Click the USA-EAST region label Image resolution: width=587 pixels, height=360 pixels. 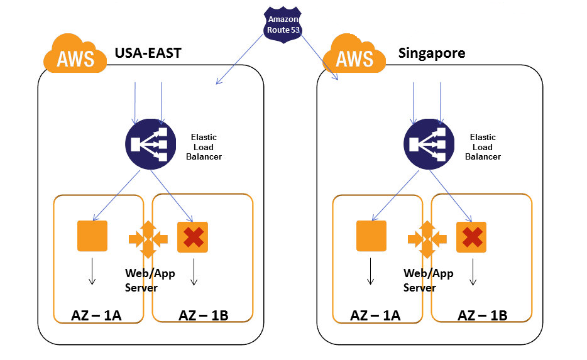click(148, 53)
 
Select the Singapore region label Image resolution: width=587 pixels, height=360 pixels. click(432, 53)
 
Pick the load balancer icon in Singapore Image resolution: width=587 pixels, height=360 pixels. click(428, 144)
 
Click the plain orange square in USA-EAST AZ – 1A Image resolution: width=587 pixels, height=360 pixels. click(92, 236)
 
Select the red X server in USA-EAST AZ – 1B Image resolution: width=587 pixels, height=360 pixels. click(193, 237)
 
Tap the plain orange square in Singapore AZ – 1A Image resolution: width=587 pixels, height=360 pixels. click(371, 236)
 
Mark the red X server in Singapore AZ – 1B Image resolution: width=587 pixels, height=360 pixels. click(472, 237)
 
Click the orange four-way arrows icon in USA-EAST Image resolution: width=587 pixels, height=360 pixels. click(148, 239)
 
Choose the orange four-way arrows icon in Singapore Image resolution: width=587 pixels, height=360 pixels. click(427, 239)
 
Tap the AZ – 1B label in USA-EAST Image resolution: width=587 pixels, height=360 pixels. click(202, 315)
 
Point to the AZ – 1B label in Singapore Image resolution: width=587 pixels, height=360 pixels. click(482, 315)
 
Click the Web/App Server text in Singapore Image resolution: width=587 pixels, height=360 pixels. click(428, 280)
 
